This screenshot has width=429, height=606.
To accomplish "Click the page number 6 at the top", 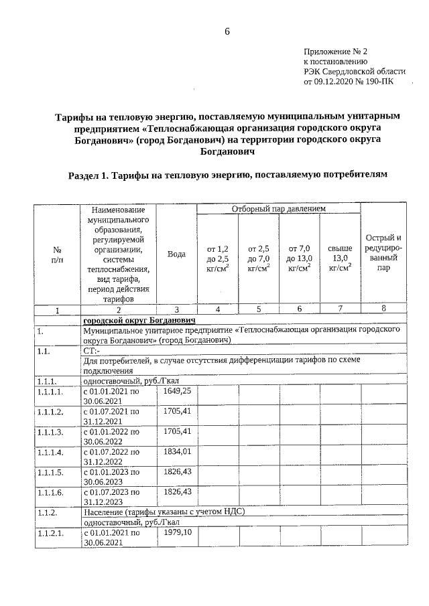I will (227, 31).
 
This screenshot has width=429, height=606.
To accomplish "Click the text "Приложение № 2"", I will (336, 51).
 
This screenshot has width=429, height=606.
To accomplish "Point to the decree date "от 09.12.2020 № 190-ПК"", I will (349, 82).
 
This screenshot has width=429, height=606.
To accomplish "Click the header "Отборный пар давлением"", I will (278, 209).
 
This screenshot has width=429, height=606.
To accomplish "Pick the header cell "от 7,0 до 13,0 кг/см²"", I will (300, 258).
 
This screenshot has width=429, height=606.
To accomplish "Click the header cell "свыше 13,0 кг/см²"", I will (341, 258).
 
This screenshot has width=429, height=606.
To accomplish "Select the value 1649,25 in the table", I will (177, 390).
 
